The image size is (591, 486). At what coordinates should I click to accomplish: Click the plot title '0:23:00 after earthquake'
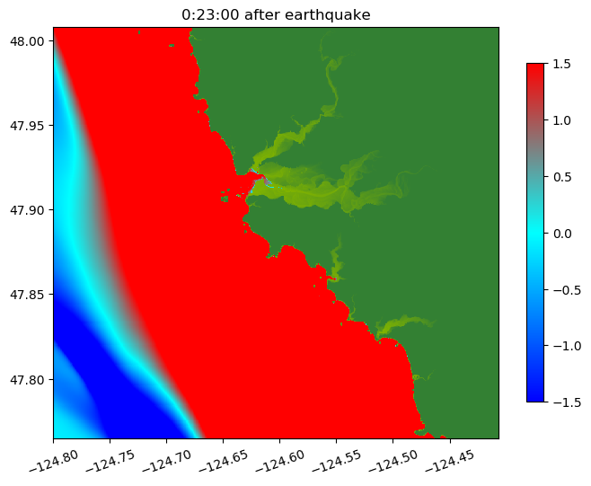277,14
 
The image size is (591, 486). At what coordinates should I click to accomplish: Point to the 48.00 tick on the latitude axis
31,40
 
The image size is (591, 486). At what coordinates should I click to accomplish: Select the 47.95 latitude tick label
31,125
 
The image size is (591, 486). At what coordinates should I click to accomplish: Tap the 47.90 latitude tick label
31,210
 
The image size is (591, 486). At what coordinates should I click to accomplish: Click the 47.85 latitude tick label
31,295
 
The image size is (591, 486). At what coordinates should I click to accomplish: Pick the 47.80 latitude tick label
31,379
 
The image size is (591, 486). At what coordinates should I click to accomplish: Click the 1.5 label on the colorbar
563,64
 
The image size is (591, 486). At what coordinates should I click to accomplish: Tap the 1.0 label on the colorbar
563,120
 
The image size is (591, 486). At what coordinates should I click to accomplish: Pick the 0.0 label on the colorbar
563,233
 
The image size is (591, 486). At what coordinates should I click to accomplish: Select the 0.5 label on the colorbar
563,177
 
